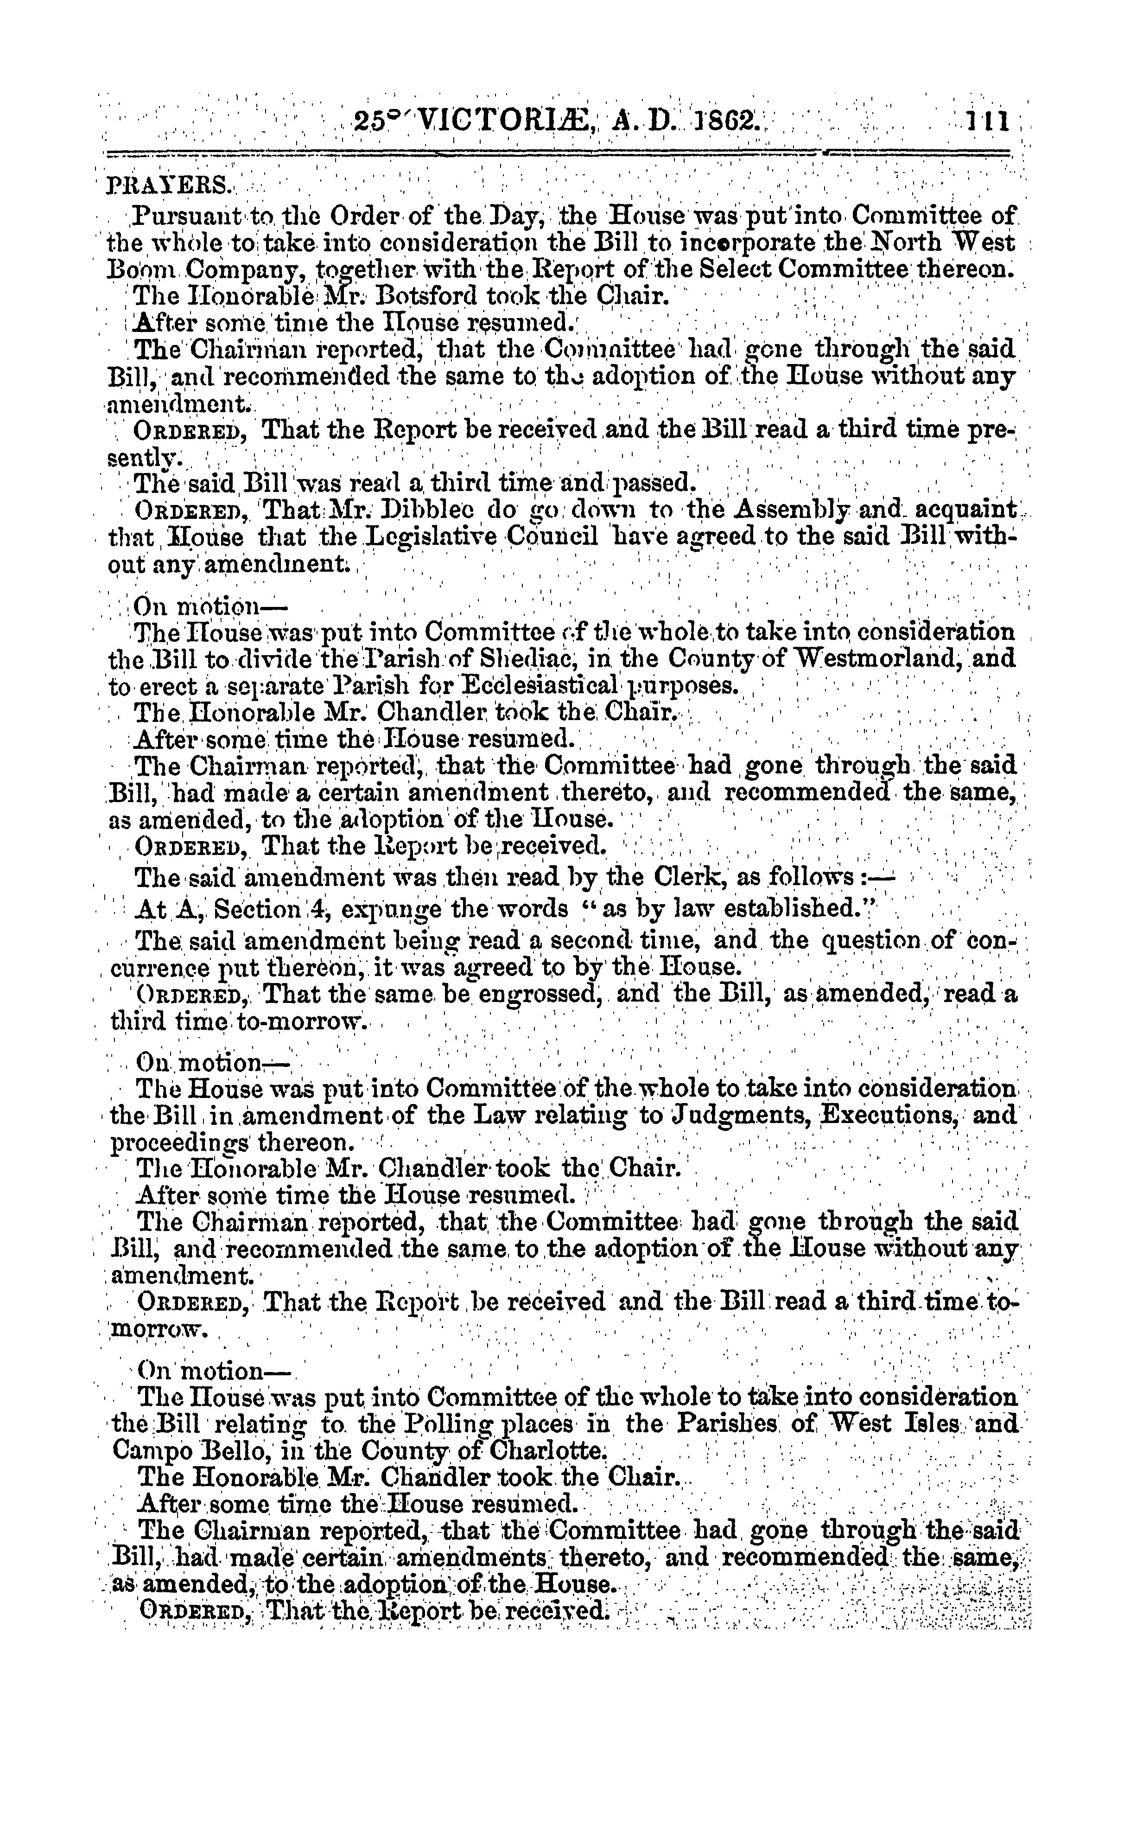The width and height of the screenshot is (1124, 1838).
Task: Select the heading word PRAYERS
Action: [159, 184]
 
